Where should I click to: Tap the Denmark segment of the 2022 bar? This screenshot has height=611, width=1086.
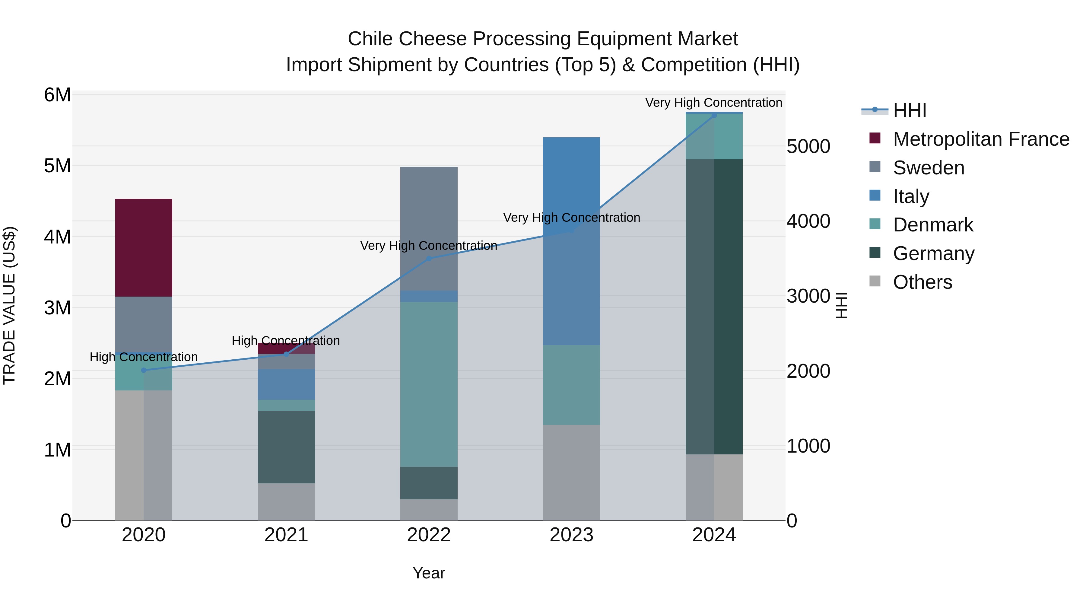point(429,384)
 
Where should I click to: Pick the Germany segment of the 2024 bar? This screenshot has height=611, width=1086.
point(714,307)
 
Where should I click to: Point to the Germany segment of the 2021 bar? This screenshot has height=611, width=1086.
point(286,447)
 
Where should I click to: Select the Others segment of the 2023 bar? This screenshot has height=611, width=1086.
point(571,472)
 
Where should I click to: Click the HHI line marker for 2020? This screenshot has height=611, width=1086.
point(144,370)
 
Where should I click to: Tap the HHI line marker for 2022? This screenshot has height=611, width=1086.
point(429,259)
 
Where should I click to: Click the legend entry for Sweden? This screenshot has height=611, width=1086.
point(928,168)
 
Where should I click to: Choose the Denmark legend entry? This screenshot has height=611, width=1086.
point(933,225)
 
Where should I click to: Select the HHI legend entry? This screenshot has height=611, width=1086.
point(909,110)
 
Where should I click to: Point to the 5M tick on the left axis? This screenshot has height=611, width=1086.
point(58,166)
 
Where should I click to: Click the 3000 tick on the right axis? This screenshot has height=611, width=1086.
point(808,296)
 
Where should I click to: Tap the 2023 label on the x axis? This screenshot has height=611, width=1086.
point(571,535)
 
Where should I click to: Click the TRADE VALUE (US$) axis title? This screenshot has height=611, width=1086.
point(10,305)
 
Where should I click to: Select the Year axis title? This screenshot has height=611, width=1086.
point(429,573)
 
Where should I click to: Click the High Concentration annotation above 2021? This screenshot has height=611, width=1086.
point(286,340)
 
